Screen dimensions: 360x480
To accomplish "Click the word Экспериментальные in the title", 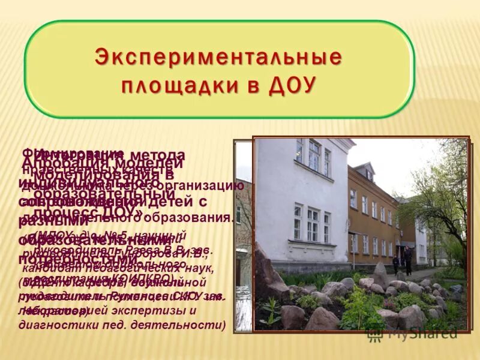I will click(x=218, y=58).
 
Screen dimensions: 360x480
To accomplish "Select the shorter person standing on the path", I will click(x=395, y=262).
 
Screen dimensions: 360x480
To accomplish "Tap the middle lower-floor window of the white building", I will click(x=313, y=223).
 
